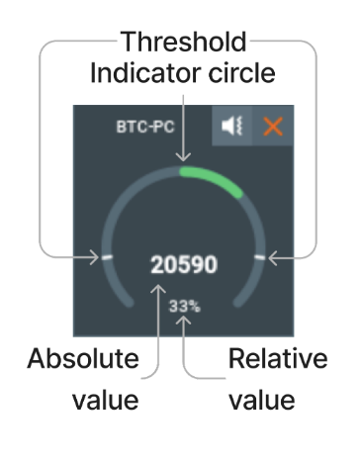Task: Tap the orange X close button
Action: [x=269, y=128]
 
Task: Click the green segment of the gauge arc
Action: [x=212, y=178]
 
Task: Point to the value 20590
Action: [x=184, y=265]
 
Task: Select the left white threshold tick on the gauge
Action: [x=104, y=258]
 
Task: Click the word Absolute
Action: [x=82, y=359]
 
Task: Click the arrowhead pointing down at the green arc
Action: [x=183, y=156]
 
